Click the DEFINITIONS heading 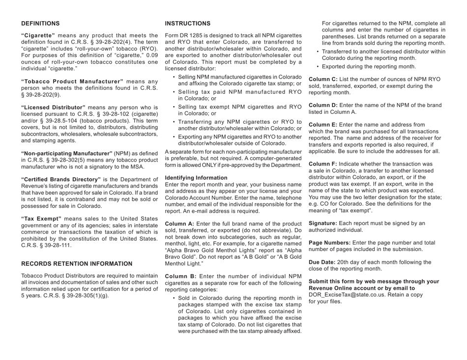[40, 23]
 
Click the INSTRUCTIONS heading [188, 23]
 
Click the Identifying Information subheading [196, 177]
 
